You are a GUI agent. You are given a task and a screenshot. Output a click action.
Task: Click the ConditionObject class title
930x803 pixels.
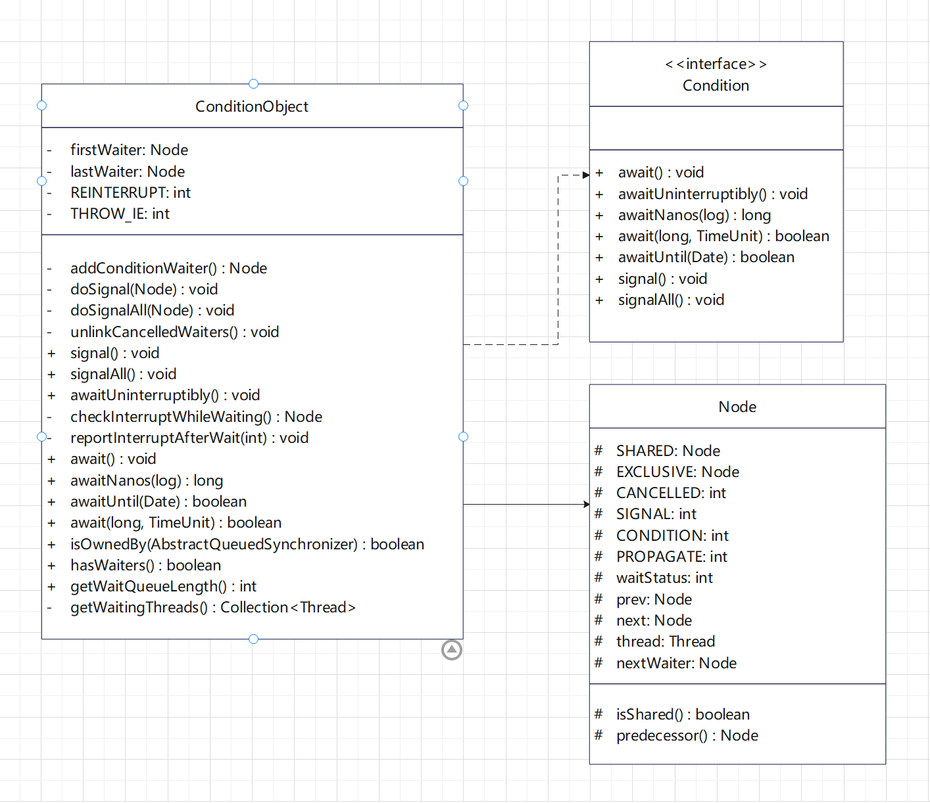click(x=251, y=106)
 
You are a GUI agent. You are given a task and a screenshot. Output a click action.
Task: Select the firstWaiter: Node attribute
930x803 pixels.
click(x=129, y=150)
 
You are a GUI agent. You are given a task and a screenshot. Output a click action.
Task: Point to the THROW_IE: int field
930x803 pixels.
click(x=120, y=214)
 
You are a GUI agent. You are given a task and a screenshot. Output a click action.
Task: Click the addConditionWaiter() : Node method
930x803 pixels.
click(x=168, y=268)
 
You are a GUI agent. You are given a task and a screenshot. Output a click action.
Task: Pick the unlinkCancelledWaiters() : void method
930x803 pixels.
click(x=174, y=332)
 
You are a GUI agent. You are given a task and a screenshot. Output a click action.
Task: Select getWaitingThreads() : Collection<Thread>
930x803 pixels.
click(x=212, y=607)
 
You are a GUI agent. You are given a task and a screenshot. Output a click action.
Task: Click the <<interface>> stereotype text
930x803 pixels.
click(x=716, y=64)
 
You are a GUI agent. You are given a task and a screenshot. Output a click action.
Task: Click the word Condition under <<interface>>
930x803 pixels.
click(x=716, y=85)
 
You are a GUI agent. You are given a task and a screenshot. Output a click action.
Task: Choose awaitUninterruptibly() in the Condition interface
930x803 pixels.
click(x=712, y=194)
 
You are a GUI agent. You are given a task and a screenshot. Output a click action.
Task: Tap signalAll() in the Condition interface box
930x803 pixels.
click(x=671, y=300)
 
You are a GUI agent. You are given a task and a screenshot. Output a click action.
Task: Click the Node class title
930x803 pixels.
click(x=737, y=407)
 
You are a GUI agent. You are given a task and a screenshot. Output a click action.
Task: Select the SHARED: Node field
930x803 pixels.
click(x=668, y=451)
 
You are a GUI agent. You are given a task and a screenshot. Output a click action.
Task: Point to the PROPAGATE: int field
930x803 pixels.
click(x=672, y=557)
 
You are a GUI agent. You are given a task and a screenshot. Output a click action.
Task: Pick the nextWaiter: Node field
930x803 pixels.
click(x=676, y=663)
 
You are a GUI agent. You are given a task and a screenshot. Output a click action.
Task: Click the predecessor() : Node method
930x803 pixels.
click(x=687, y=735)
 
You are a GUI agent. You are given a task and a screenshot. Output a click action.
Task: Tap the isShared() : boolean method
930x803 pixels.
click(x=683, y=714)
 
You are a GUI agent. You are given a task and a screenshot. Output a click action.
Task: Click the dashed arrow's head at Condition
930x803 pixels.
click(x=586, y=175)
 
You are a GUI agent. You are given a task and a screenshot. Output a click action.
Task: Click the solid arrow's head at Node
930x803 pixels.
click(x=587, y=505)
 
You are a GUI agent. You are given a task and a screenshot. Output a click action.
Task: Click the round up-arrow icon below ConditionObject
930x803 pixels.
click(x=452, y=650)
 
